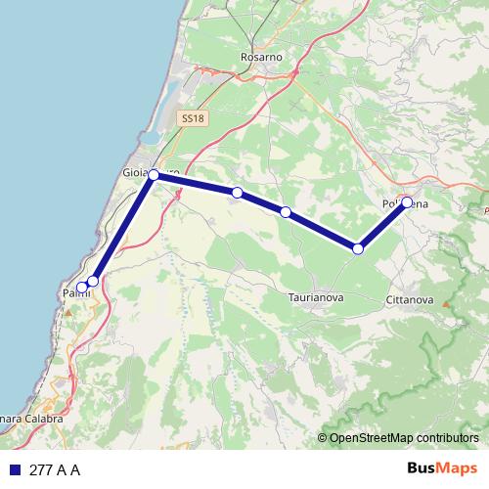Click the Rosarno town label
pos(261,58)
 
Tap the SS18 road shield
pos(193,118)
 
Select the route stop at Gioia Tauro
pos(154,175)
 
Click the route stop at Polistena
pos(407,203)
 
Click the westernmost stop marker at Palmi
pos(82,288)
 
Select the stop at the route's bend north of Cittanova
pos(358,249)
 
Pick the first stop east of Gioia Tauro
pos(238,193)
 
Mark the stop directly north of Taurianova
pos(286,212)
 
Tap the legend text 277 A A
pos(55,470)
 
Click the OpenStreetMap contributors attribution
pos(402,438)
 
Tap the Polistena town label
pos(406,204)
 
